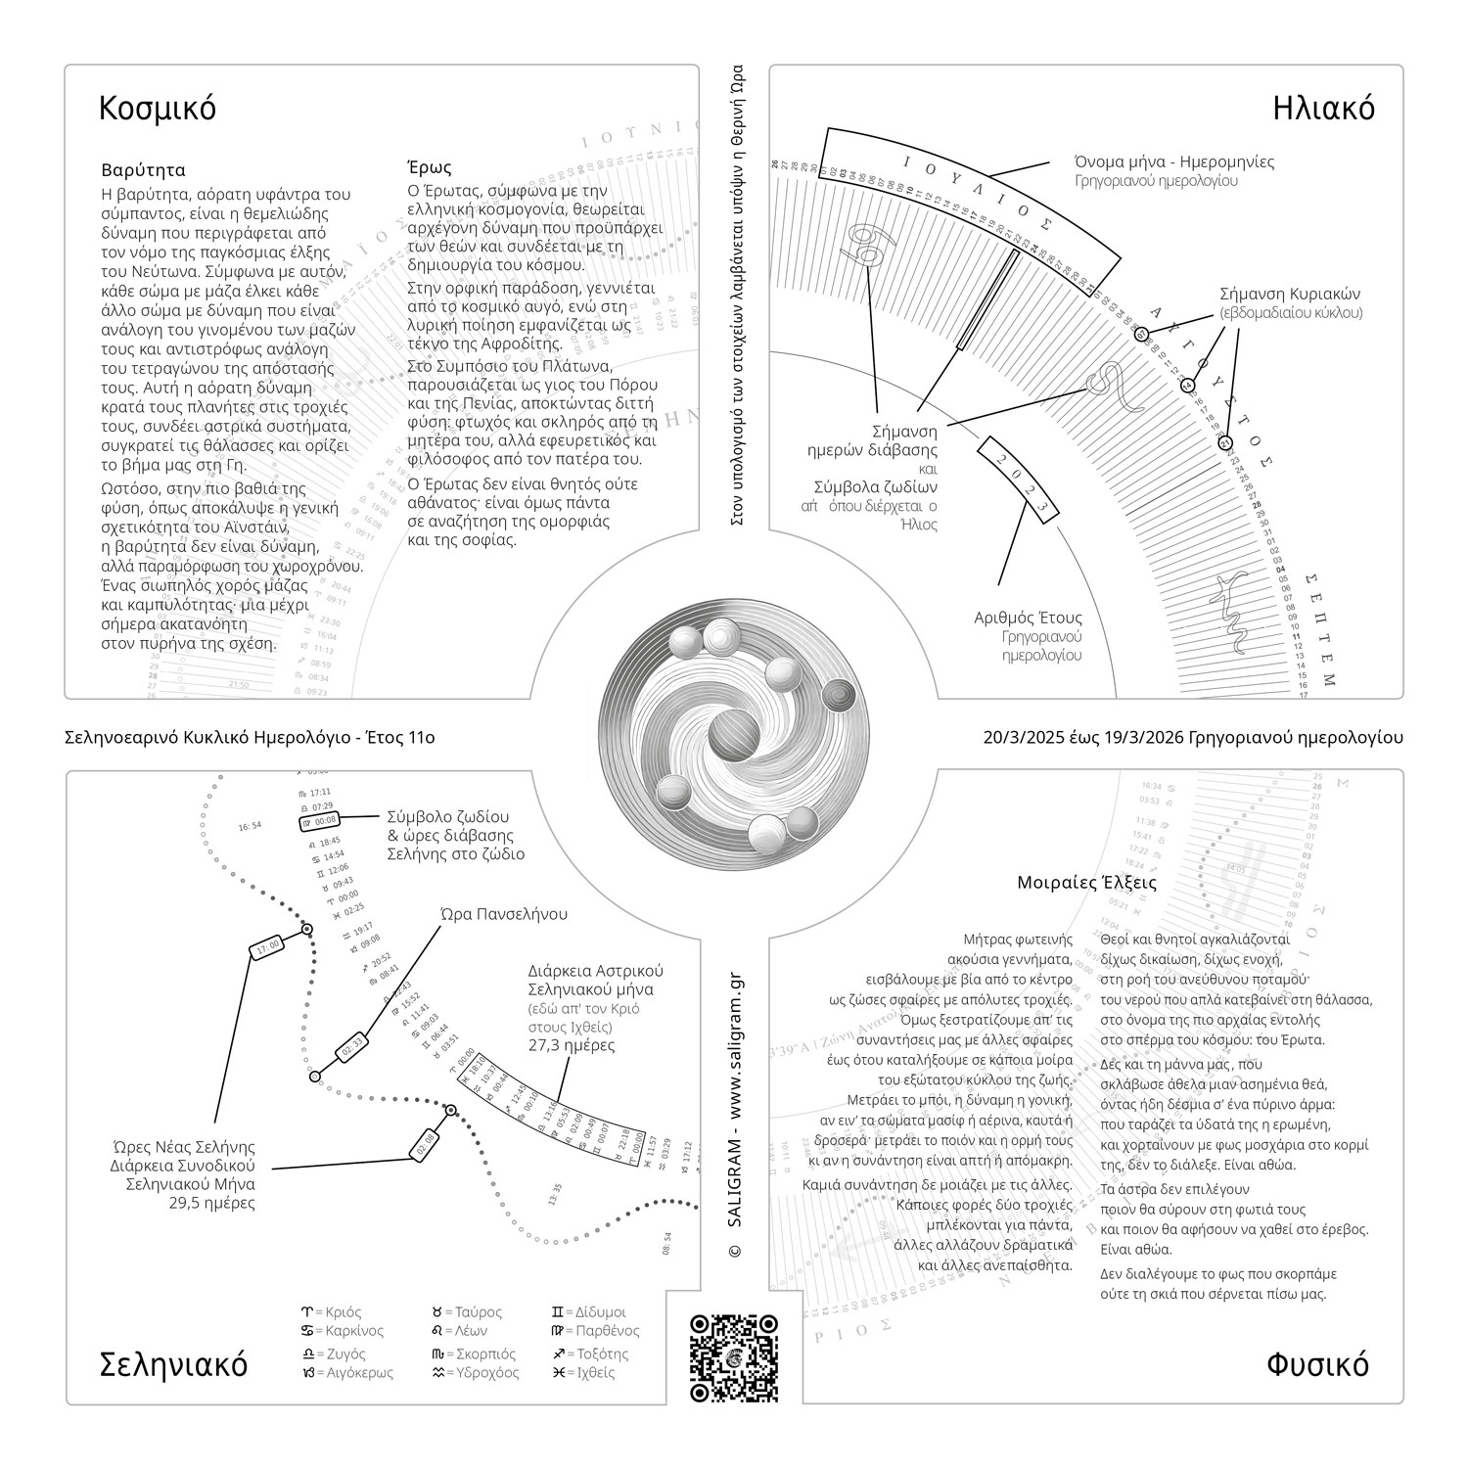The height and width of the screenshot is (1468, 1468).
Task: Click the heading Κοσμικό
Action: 158,109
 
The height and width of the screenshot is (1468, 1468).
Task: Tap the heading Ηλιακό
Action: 1323,108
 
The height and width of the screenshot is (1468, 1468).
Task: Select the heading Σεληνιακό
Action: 174,1364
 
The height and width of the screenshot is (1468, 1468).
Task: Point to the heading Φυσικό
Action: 1317,1364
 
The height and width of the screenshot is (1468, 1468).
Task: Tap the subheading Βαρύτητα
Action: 143,170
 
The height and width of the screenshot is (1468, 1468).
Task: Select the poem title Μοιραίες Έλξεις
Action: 1086,883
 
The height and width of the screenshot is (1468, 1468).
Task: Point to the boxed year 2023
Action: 1019,483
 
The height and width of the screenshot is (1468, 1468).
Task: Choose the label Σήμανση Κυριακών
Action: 1290,294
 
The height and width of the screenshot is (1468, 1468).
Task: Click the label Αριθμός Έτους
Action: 1028,618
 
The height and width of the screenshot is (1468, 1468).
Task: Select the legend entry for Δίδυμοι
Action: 589,1311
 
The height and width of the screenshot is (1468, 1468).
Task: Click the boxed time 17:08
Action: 267,946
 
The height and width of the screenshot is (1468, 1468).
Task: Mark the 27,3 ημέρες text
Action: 573,1045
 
